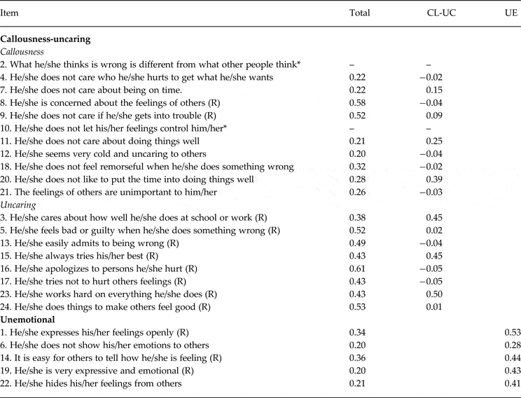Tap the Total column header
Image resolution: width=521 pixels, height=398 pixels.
[359, 13]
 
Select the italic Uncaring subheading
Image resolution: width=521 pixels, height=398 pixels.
[20, 205]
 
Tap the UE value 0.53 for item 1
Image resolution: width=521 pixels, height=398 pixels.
[512, 331]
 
